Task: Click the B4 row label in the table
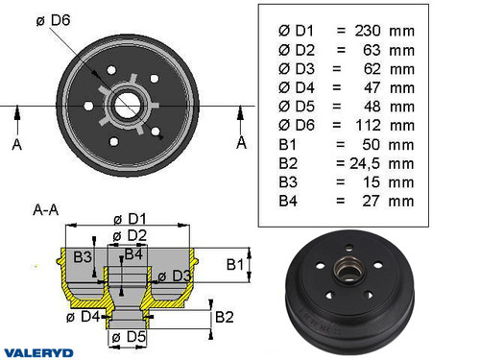click(288, 201)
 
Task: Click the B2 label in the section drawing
click(225, 317)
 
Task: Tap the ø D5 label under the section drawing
click(127, 338)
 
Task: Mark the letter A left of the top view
click(17, 145)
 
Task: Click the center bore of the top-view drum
click(129, 104)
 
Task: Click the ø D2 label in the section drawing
click(130, 235)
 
